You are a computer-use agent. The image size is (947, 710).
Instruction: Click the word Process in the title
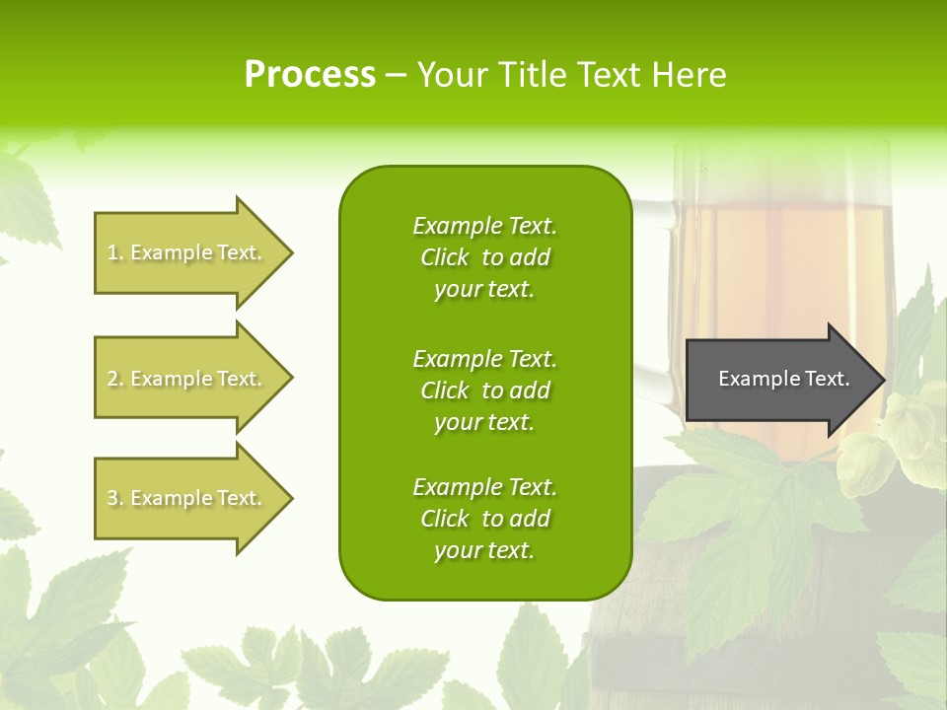[x=310, y=75]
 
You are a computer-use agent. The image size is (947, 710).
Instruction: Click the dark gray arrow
[x=779, y=379]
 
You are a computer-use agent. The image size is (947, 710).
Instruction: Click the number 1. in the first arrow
[x=115, y=253]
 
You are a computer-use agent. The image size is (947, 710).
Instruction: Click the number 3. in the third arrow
[x=115, y=499]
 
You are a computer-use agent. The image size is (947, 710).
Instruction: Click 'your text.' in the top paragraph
[x=484, y=290]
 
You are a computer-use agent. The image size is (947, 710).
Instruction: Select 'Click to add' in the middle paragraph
[x=484, y=390]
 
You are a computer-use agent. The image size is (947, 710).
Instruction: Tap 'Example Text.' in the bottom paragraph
[x=484, y=487]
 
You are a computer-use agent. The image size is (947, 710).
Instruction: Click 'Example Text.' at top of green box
[x=484, y=226]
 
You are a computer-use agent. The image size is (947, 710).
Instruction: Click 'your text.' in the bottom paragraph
[x=484, y=551]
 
